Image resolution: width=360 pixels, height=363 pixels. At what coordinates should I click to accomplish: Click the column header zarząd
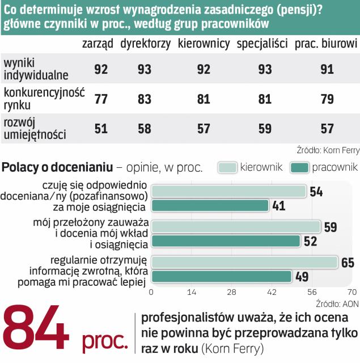point(98,44)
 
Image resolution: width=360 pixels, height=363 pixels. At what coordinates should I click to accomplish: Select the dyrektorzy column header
point(145,44)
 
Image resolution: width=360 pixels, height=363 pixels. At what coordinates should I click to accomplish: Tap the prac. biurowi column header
point(325,44)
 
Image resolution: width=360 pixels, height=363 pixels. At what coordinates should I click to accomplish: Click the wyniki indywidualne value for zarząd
point(101,69)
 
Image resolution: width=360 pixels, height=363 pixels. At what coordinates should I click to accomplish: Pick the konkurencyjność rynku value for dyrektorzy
point(145,99)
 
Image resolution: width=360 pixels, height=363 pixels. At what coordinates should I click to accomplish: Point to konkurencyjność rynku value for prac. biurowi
point(327,99)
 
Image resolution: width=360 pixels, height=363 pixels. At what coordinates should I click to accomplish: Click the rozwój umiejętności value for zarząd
point(101,129)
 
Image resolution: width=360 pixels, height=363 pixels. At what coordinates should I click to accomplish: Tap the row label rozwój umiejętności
point(35,129)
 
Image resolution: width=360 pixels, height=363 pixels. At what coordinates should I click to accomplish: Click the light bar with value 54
point(228,191)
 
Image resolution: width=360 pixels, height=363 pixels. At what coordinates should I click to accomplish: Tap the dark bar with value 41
point(210,205)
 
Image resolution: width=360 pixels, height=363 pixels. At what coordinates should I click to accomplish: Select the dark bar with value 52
point(226,241)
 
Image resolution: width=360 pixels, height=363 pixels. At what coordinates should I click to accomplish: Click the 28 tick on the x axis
point(231,293)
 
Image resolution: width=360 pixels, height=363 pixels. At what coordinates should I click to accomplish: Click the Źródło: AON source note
point(337,303)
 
